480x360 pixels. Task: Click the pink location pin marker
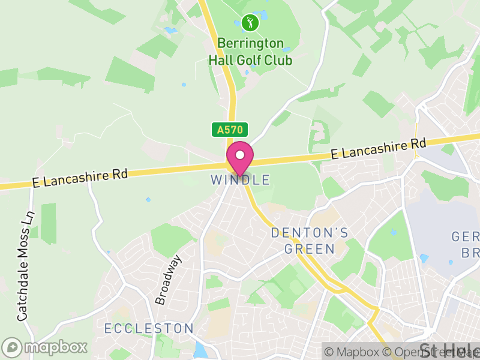240,157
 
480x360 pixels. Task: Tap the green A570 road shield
229,130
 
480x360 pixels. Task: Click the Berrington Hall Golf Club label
250,52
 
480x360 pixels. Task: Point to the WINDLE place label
240,180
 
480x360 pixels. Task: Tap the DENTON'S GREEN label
310,240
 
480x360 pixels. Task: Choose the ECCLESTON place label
149,329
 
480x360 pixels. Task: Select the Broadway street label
168,280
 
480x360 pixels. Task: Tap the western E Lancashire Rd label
80,178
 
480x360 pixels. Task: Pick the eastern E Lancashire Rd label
379,149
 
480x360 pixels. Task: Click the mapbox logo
45,347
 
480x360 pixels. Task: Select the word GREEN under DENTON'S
310,248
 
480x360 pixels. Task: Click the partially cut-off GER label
466,236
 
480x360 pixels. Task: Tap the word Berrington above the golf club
250,43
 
